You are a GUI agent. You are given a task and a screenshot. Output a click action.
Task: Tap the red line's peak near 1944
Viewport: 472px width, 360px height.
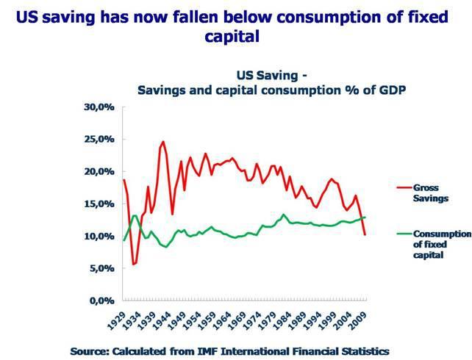(163, 142)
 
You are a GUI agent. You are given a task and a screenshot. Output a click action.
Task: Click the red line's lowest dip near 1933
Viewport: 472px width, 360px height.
(134, 264)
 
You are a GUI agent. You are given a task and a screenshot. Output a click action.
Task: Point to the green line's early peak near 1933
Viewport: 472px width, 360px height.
(135, 215)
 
